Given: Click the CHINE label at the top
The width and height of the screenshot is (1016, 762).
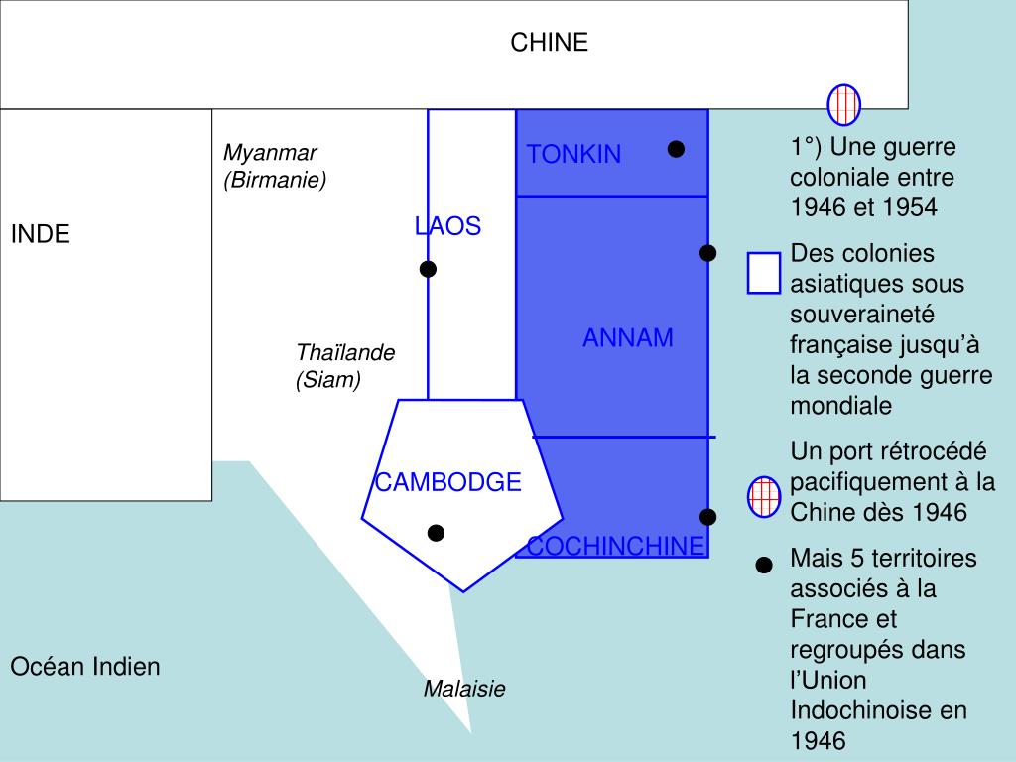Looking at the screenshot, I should point(549,42).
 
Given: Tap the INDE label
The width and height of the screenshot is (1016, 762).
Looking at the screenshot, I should point(41,235).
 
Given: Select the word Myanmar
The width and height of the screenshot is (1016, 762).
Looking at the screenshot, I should point(270,153).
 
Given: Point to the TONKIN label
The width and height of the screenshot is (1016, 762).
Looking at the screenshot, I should point(573,154).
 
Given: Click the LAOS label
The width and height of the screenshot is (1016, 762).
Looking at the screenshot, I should point(447,226).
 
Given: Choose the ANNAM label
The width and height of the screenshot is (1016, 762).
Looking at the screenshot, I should point(627,338).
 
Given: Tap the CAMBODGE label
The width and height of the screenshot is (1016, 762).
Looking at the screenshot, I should point(447,482).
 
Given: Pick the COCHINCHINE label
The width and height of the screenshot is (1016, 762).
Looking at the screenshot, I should point(615,546).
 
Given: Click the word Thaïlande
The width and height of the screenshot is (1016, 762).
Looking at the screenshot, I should point(345,353).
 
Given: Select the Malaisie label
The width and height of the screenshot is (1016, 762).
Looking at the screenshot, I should point(464,689).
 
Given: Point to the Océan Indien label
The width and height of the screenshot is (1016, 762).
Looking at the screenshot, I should point(85,667).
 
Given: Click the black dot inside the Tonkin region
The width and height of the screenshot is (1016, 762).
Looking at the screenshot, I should point(676,149).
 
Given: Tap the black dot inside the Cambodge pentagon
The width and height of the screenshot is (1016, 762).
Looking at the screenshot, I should point(436,533).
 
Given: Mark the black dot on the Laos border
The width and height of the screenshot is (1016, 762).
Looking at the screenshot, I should point(428,269).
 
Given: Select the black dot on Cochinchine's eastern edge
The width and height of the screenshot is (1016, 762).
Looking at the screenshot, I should point(707,517).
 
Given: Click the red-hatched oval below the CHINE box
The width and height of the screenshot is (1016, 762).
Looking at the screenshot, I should point(844,104).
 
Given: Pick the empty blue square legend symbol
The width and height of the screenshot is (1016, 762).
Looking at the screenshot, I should point(764,273).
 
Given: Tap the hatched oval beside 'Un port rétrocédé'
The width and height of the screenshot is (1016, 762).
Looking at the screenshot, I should point(764,496).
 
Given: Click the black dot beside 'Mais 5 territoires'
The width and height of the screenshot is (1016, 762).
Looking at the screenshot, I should point(764,566).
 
